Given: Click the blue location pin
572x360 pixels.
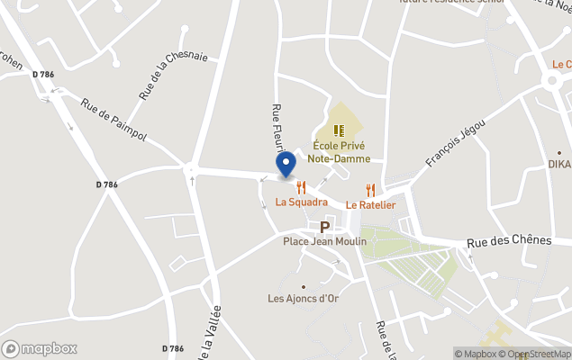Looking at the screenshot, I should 286,164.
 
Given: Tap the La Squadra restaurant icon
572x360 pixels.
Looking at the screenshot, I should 301,187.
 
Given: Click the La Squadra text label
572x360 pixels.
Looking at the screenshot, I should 301,202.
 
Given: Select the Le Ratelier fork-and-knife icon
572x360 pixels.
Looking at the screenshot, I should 370,191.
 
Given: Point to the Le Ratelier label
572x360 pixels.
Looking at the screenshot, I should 370,205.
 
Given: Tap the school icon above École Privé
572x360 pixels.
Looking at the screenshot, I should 340,130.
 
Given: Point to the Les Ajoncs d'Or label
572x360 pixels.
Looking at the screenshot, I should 304,298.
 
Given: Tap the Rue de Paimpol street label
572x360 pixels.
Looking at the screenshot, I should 113,121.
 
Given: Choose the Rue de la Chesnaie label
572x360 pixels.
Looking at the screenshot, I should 173,74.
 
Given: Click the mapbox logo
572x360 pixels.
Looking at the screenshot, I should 40,348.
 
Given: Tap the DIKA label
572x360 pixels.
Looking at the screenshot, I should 559,165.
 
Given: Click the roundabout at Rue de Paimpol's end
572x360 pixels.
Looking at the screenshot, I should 190,167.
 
